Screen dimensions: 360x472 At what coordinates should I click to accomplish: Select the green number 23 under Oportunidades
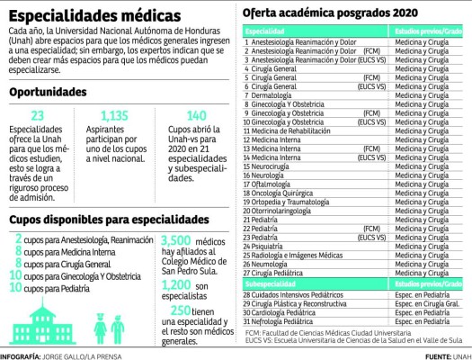click(x=37, y=116)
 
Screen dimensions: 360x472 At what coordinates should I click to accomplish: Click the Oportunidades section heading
click(x=55, y=93)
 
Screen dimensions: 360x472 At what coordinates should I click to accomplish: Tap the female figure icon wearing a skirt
click(x=102, y=320)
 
